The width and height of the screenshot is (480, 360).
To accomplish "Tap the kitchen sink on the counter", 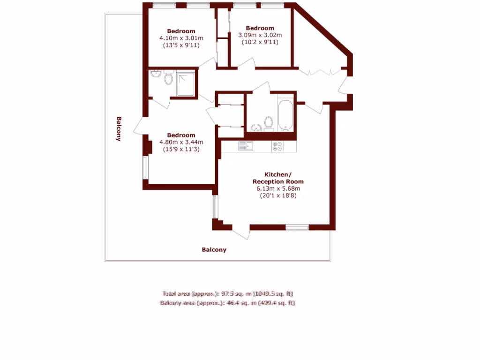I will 246,146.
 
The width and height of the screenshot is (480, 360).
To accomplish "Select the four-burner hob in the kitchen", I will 277,146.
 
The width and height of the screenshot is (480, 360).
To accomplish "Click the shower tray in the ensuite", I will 186,83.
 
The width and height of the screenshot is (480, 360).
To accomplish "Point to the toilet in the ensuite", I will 168,78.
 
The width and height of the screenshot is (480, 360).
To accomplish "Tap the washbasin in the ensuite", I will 156,74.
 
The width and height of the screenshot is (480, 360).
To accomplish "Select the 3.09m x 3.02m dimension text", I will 260,35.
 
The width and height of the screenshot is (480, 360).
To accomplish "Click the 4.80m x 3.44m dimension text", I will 181,142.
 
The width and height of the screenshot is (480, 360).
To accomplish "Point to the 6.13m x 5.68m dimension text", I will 278,188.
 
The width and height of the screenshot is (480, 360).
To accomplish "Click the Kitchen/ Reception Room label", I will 278,178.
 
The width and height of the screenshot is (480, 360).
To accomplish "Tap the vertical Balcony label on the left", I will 119,128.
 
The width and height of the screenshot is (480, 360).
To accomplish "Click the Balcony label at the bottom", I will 214,250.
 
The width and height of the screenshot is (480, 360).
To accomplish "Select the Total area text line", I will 227,294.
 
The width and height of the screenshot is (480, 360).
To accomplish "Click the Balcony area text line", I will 227,303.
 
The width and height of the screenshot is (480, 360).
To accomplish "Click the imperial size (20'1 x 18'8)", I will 278,196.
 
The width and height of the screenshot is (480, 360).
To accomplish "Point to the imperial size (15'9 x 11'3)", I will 181,150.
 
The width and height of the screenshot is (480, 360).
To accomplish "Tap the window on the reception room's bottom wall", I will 297,227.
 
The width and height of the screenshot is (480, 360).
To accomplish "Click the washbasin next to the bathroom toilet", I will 256,127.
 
